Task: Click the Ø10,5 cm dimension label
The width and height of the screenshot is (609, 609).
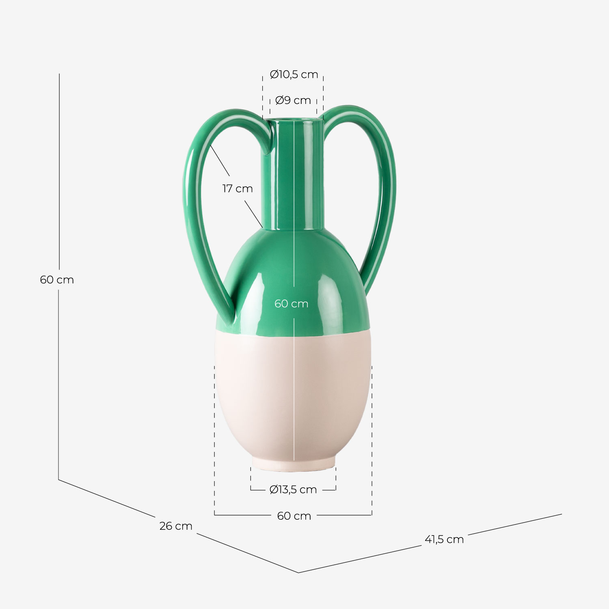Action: point(294,75)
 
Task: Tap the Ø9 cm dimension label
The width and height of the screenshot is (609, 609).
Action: point(293,100)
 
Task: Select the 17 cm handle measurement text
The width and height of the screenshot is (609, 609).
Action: point(238,189)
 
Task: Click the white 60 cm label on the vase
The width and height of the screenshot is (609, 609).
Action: point(291,304)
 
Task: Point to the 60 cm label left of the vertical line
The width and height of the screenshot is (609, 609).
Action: point(57,280)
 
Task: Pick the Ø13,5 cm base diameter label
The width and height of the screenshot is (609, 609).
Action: point(293,490)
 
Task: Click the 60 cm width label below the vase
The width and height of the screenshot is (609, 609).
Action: point(294,516)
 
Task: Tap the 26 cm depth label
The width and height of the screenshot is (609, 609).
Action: point(176,526)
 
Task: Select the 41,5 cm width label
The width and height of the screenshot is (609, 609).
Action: point(444,540)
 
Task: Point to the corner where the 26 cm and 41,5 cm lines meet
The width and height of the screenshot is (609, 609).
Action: point(298,572)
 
